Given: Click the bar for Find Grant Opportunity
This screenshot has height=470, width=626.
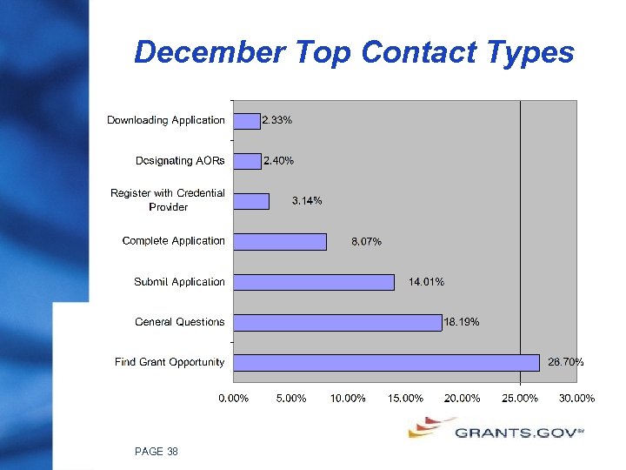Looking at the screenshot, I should pos(386,362).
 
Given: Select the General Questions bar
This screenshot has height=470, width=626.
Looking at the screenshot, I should pos(337,322).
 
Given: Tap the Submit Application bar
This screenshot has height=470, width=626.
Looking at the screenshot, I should pos(314,282).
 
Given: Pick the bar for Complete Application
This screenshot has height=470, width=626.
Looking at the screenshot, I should pos(280,241).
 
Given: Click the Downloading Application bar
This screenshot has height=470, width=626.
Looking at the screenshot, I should pos(247,120).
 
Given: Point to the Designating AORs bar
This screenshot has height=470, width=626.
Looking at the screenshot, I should pos(247,161).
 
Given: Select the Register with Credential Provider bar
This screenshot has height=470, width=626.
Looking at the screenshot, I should pos(251,201).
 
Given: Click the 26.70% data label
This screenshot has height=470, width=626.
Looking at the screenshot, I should pos(565,362).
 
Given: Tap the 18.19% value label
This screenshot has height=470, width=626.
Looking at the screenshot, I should pos(462,322).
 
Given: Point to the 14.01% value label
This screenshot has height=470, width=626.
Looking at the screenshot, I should pos(426,282).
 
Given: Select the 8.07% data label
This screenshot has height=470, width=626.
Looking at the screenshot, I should pos(366,242).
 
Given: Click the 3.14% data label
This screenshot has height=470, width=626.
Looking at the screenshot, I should pos(307,201).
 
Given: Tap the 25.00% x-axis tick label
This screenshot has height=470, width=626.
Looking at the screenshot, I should pos(520,399).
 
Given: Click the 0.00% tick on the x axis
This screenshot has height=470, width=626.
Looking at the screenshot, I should pos(233,399).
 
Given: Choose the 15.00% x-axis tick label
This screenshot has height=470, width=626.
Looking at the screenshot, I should pos(405,399).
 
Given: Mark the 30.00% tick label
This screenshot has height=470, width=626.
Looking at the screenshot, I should pos(576,399).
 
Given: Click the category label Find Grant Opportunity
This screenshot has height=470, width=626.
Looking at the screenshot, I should pos(170,362).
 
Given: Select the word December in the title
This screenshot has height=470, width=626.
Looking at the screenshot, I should pos(209,53).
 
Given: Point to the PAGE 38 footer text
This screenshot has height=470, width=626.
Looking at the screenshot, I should pos(156,451).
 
